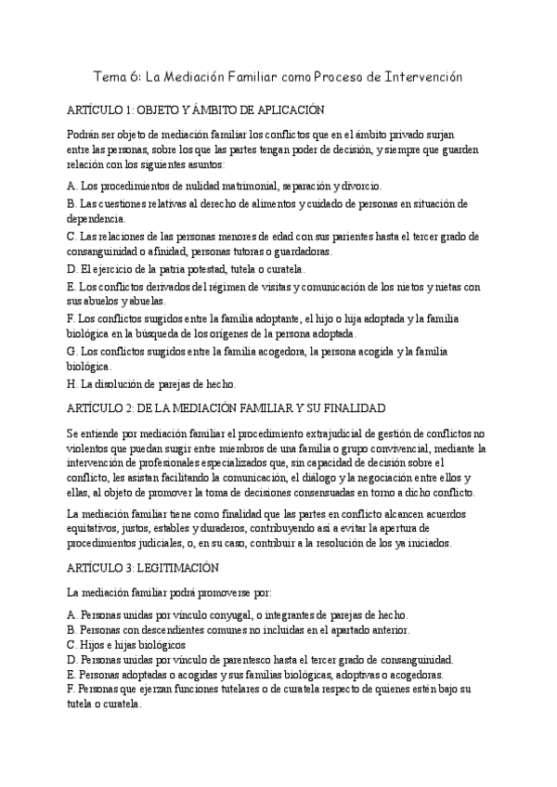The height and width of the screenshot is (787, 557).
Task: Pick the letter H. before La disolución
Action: pyautogui.click(x=72, y=384)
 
